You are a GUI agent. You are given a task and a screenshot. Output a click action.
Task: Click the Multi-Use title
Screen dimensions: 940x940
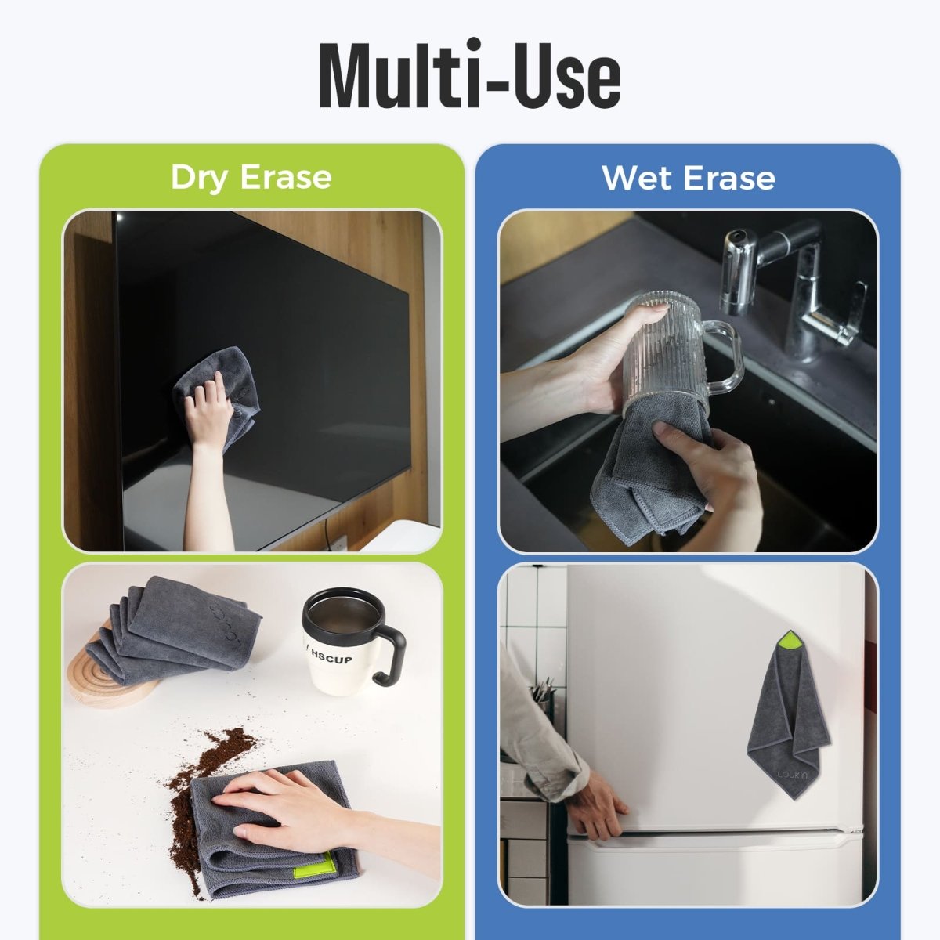pos(470,75)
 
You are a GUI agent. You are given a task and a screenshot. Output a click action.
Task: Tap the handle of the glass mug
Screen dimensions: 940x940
pos(725,356)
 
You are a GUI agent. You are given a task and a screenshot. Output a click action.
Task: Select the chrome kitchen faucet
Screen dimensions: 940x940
pos(791,282)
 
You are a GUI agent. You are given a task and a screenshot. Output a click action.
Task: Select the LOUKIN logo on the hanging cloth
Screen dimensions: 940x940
pos(791,775)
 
